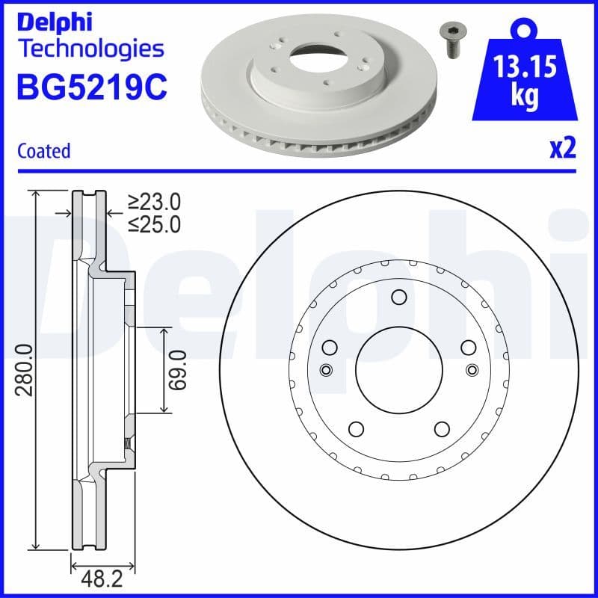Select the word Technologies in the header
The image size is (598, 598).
[90, 49]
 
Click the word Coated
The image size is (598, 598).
[43, 151]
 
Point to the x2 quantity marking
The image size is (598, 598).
[561, 149]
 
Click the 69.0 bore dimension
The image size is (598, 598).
[177, 369]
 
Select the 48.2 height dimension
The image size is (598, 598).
[102, 579]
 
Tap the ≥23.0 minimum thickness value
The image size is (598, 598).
[154, 202]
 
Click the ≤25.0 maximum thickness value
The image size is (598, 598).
[154, 224]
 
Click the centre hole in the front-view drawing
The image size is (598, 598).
[398, 369]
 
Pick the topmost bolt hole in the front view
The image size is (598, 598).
[398, 298]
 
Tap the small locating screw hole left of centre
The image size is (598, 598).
[325, 369]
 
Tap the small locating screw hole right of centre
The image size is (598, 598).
[471, 369]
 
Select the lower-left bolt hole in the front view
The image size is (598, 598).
[356, 428]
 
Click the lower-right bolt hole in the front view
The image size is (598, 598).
[441, 428]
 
